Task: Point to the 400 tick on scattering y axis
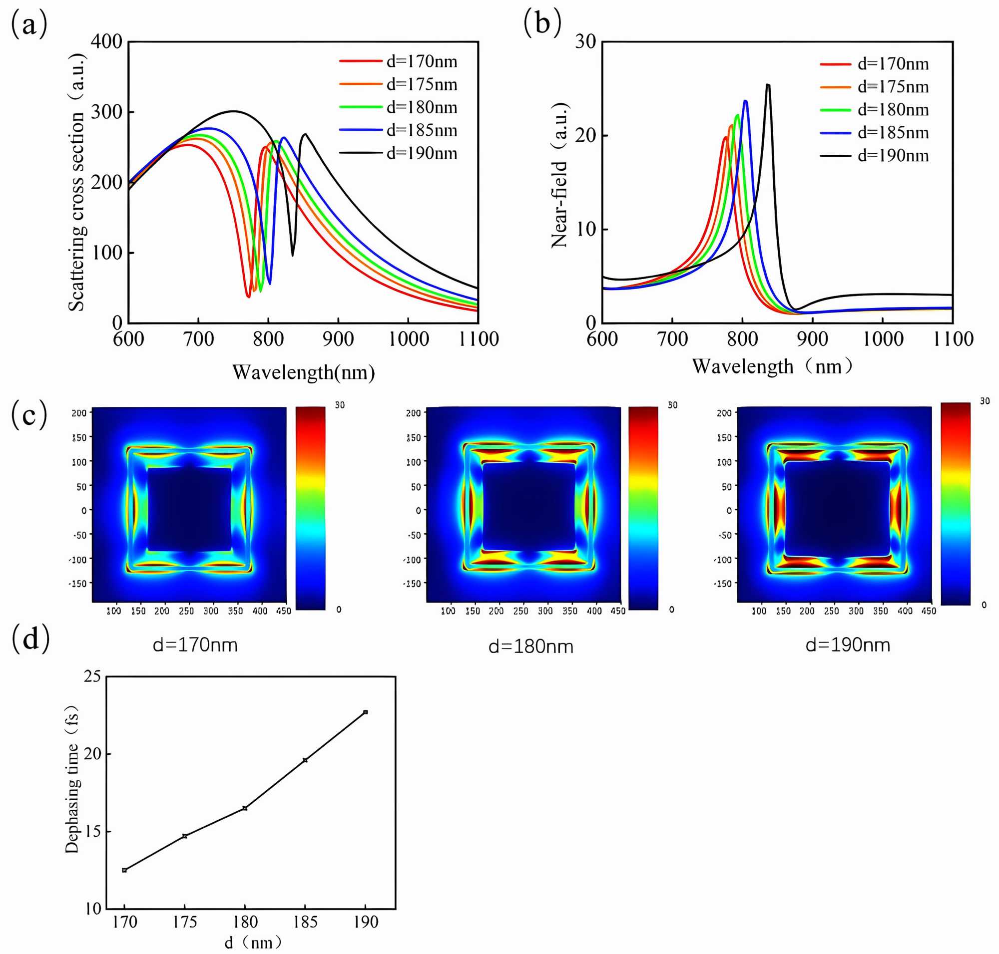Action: click(106, 41)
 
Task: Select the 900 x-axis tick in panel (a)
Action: click(338, 339)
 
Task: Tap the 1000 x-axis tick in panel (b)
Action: click(883, 339)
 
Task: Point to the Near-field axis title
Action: click(559, 175)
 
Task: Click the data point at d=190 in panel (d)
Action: click(366, 712)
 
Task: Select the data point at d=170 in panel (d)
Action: click(124, 870)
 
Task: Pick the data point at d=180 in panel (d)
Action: click(245, 808)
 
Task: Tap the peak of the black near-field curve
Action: click(767, 84)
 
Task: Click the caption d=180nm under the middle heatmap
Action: click(531, 646)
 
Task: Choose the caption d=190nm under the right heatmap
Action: click(848, 645)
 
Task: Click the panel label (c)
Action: click(29, 414)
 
